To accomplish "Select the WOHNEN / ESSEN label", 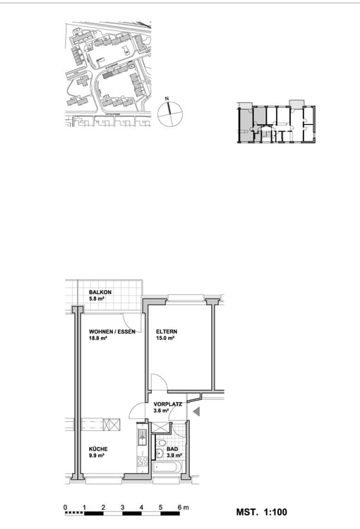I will point(112,332).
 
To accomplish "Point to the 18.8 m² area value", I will point(97,339).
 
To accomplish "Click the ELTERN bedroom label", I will point(167,332).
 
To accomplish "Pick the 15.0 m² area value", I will point(165,339).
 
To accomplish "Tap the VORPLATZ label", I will point(169,405).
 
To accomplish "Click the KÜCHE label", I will point(98,449).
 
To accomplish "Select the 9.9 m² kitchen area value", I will point(97,457).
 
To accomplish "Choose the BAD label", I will point(172,449).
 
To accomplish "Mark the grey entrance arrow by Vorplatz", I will point(198,412).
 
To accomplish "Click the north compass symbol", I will point(169,113).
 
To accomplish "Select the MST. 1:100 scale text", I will point(261,513).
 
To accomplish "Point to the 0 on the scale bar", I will point(65,508).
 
